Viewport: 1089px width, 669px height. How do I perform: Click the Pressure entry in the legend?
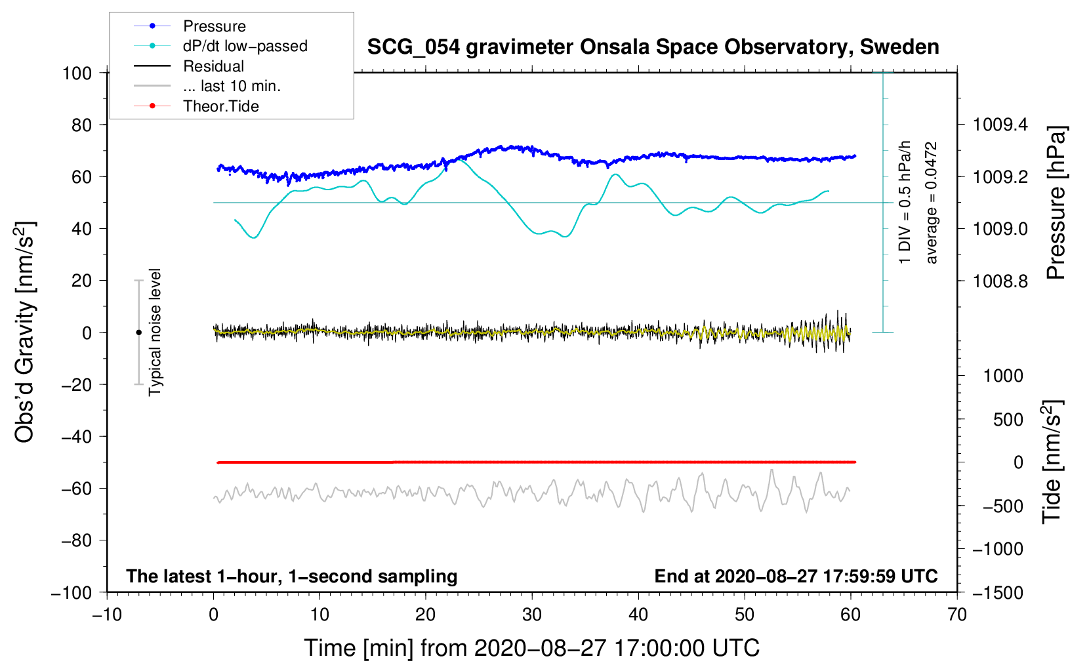214,26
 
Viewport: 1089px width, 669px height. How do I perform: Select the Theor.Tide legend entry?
220,106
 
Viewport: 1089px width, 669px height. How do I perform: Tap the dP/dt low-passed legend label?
245,46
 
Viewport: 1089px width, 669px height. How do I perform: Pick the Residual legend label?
213,66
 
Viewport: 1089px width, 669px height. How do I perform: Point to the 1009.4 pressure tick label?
1000,125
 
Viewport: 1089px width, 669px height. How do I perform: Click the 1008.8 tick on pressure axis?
1000,281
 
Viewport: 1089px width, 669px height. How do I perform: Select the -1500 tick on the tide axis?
998,592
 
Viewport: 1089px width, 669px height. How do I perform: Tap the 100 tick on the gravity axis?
77,73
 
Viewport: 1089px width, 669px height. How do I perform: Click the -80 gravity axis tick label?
76,540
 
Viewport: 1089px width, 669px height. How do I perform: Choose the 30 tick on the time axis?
532,615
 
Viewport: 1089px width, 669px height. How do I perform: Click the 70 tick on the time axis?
956,615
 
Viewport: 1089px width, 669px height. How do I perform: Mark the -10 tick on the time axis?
106,615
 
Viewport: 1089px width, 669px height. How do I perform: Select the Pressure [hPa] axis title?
1056,203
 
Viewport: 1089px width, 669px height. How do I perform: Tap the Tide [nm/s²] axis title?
1052,462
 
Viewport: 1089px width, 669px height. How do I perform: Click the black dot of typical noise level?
138,333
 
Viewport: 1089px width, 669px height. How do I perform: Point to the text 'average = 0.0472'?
932,203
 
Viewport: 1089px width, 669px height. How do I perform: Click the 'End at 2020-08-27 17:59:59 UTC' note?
796,576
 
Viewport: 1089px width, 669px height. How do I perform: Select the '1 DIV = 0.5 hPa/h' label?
905,202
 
